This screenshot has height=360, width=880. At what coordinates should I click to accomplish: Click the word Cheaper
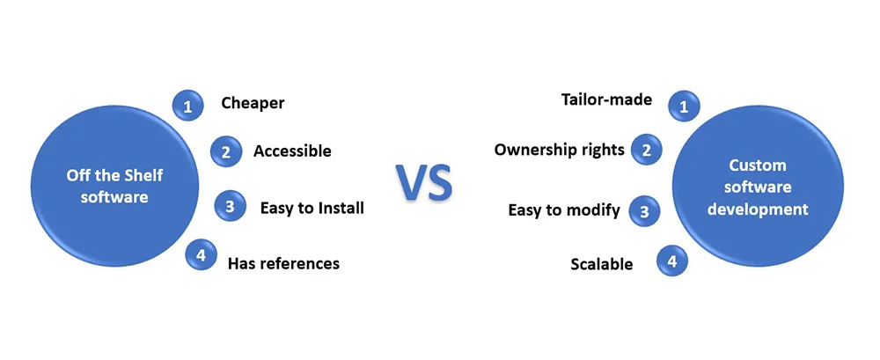pos(253,104)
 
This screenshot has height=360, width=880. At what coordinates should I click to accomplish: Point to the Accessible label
pos(292,151)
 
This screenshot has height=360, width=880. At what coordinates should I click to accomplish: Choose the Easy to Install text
pos(312,208)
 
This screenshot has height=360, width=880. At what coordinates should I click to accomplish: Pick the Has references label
pos(283,262)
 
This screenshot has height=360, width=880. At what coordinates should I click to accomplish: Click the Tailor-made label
pos(606,99)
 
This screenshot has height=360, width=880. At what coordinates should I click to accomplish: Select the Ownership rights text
pos(559,150)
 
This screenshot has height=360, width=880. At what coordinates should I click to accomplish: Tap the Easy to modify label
pos(564,209)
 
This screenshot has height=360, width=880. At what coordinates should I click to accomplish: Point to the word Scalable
pos(601,264)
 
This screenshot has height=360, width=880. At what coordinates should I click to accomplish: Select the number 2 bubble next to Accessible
pos(225,151)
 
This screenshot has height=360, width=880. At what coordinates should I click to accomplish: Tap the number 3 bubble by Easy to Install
pos(230,208)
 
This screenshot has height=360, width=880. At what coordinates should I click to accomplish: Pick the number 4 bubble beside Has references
pos(202,256)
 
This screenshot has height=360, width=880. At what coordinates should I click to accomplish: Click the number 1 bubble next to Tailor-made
pos(684,107)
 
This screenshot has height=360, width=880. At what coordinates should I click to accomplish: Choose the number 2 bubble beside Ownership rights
pos(647,150)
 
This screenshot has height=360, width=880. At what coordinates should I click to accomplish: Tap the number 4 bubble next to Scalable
pos(672,261)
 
